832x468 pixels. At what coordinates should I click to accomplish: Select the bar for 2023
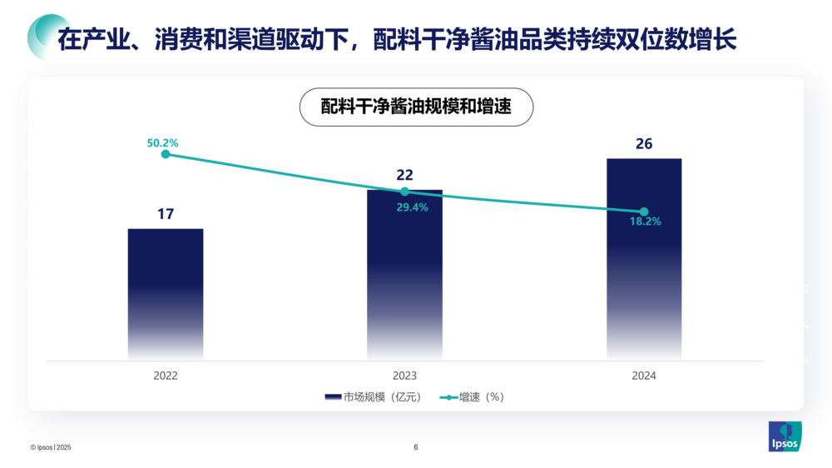(404, 275)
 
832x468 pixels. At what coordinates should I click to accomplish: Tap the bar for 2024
(644, 258)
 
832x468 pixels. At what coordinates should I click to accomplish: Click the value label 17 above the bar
(166, 214)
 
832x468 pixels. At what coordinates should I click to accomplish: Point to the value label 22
(404, 175)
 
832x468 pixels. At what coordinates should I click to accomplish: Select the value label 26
(644, 143)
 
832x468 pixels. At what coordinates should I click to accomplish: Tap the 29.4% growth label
(412, 207)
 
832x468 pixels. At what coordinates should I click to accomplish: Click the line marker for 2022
(166, 154)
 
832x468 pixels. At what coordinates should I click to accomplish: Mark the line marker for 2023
(404, 192)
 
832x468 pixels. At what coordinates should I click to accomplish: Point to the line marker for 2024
(644, 212)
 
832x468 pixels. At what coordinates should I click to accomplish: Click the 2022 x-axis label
(166, 376)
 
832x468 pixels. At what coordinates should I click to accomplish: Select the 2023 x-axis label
(404, 376)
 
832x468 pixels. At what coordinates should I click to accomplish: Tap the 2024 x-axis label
(644, 376)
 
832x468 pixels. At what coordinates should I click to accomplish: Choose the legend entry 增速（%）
(475, 397)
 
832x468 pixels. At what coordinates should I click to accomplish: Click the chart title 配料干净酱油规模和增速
(415, 107)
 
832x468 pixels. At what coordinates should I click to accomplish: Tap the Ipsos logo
(785, 436)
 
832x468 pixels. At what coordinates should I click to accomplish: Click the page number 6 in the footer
(416, 447)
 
